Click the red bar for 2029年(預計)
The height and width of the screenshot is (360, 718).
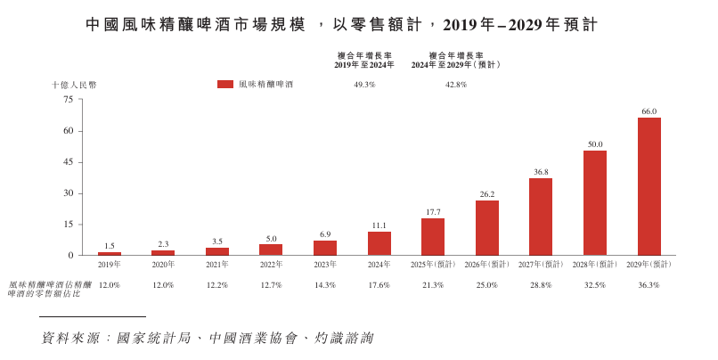(649, 186)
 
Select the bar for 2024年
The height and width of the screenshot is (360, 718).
(379, 243)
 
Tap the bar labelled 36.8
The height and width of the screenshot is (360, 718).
(541, 217)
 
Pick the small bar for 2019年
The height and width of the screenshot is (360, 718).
(110, 254)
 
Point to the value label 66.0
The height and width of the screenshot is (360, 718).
(649, 111)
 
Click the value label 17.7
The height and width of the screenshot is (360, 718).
(433, 212)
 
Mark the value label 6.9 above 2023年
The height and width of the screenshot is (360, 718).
(325, 234)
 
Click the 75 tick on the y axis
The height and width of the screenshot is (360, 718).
(68, 100)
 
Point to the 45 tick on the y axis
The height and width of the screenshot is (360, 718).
(68, 162)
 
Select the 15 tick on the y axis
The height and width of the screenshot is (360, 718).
(68, 225)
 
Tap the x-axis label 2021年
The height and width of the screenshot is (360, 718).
(217, 265)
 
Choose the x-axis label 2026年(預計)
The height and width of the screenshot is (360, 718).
(487, 265)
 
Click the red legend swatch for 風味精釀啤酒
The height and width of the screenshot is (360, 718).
(224, 85)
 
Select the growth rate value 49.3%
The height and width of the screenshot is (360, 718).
(364, 85)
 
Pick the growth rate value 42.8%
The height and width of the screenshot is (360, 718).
(455, 85)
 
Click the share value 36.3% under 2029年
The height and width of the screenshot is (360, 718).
(649, 285)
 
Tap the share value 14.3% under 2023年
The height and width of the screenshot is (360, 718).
(325, 285)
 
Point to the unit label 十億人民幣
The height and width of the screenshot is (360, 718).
(74, 85)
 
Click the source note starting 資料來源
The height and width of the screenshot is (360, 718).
(207, 339)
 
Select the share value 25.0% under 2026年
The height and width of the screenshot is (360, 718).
(487, 285)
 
